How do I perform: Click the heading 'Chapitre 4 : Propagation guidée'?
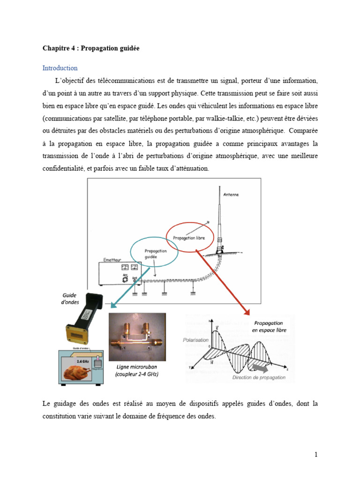[x=91, y=48]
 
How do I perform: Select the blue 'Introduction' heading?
[x=60, y=68]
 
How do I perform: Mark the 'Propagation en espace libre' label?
[x=270, y=326]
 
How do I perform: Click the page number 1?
[x=316, y=454]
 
